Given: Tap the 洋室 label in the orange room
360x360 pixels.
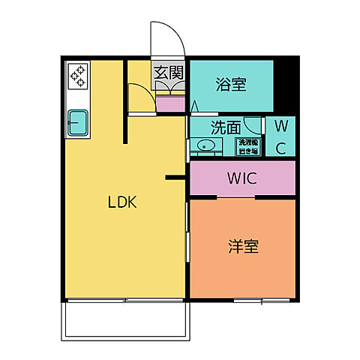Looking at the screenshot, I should [243, 246].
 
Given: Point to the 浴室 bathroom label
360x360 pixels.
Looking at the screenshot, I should [230, 85].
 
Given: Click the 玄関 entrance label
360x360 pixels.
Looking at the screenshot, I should [169, 73].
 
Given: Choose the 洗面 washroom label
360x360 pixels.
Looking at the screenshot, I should [224, 127].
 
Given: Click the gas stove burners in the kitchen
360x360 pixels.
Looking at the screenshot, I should [79, 75].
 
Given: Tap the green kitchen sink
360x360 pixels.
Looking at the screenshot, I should [78, 122].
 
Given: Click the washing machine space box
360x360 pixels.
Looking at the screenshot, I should [247, 146].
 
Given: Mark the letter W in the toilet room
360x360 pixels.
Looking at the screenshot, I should [280, 125].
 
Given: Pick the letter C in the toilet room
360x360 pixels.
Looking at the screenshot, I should [280, 148].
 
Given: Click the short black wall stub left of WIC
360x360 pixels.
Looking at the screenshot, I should [175, 178].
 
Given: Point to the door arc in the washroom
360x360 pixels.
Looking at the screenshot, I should [256, 126].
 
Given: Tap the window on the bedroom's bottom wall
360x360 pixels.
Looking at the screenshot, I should [260, 301].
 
